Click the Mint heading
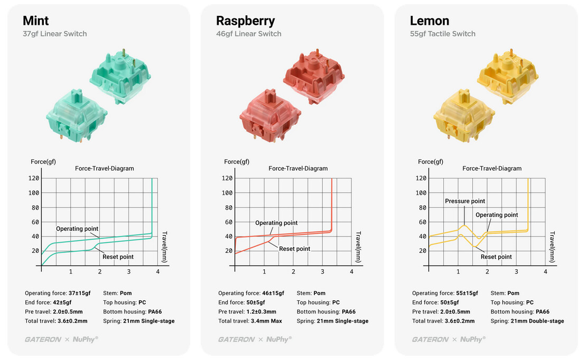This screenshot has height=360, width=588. point(36,21)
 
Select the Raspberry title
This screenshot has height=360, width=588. point(245,21)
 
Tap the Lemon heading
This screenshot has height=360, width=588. point(430,21)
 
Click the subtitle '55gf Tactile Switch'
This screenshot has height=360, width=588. point(443,34)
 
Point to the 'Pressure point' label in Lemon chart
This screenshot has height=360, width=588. point(465,201)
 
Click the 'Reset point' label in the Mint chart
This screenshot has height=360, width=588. point(118,257)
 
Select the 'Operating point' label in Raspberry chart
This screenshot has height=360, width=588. point(276,223)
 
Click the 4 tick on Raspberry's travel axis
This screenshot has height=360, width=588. point(352,272)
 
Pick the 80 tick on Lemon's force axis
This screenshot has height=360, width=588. point(421,207)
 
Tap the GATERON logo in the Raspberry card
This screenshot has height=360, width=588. point(236,339)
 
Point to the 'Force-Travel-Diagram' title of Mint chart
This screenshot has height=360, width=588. point(104,169)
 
